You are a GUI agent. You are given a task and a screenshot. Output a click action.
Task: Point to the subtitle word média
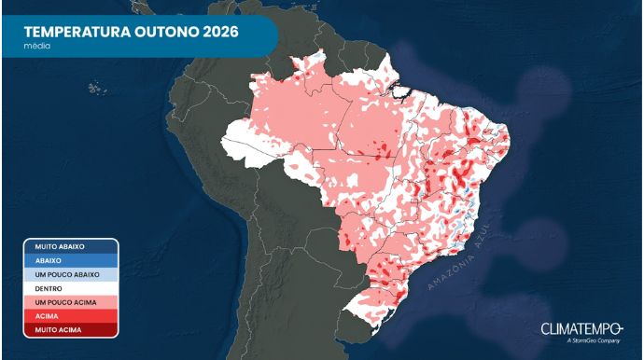click(36, 45)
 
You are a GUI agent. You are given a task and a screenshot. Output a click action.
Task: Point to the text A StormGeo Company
click(593, 341)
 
